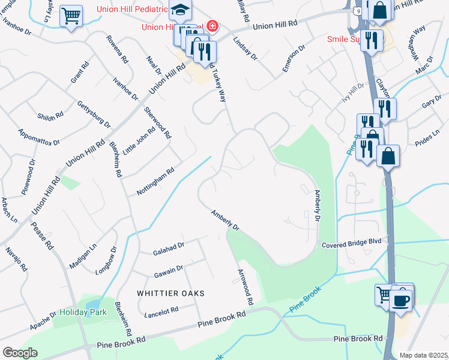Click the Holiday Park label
point(83,312)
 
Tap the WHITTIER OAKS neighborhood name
point(171,293)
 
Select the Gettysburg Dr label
point(94,114)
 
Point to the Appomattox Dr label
point(39,137)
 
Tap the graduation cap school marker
point(179,10)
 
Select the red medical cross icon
point(211,26)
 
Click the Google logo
point(20,352)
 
